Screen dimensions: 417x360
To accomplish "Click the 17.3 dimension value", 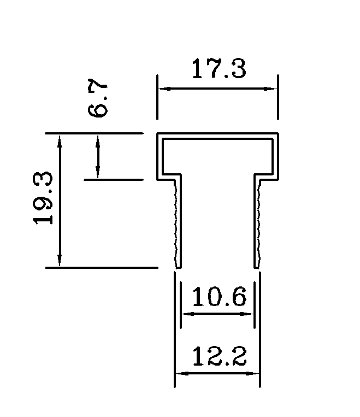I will tap(219, 70).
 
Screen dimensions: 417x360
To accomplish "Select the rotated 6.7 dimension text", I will tap(98, 99).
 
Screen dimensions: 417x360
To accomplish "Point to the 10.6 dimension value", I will tap(219, 298).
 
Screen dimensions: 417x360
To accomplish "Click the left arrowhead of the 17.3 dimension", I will tap(162, 89).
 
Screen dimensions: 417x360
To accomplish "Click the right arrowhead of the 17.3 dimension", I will tap(274, 89).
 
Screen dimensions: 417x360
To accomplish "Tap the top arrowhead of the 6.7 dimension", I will tap(98, 138).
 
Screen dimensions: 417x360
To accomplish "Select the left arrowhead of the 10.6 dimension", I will tap(185, 314).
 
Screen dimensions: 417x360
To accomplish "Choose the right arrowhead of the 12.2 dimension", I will tap(255, 373).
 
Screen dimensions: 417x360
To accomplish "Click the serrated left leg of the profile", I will tap(177, 224).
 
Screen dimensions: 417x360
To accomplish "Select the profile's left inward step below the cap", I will tap(169, 177).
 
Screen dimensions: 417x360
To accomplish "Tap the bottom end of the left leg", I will tap(177, 267).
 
